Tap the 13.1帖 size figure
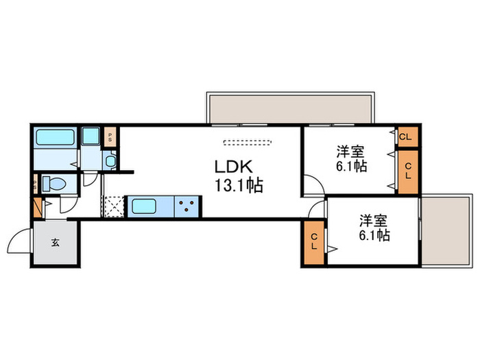pos(235,185)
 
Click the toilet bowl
pos(55,184)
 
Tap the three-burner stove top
pos(187,206)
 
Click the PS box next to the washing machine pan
pos(110,136)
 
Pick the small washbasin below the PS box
pos(111,161)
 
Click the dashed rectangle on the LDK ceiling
pos(248,143)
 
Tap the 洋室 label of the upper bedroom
pos(350,152)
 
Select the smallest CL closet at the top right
pos(406,136)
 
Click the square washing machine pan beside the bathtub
pos(91,136)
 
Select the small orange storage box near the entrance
pos(37,207)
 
